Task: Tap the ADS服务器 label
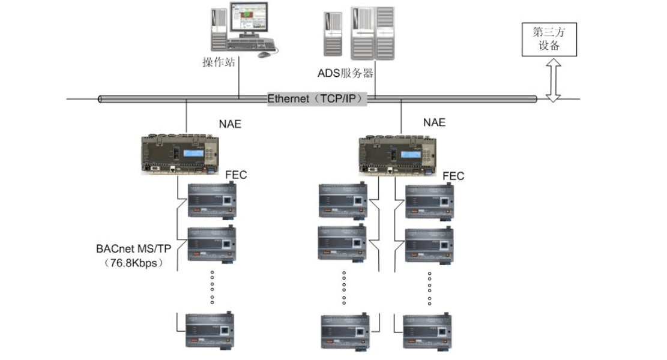pos(345,74)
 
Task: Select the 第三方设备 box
pos(549,40)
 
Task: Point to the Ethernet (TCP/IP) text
pos(317,99)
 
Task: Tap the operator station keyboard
pos(251,46)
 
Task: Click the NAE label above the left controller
pos(230,124)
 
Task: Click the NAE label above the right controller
pos(434,122)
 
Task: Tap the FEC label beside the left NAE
pos(236,175)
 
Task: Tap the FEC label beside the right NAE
pos(453,176)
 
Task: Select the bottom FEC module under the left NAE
pos(210,329)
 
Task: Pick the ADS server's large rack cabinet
pos(372,33)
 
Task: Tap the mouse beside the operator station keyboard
pos(264,55)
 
